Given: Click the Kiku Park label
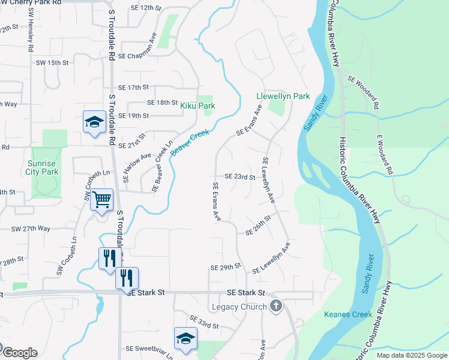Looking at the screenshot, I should click(x=197, y=106).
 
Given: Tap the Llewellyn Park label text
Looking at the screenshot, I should click(x=283, y=96).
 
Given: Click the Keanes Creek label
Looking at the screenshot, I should click(x=348, y=314).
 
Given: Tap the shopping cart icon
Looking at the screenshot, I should click(x=101, y=199).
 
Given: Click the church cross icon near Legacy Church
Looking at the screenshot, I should click(x=276, y=307).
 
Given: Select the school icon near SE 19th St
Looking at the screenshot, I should click(x=94, y=122).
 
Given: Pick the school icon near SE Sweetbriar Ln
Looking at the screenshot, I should click(x=185, y=338).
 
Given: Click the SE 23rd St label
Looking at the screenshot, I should click(x=240, y=177).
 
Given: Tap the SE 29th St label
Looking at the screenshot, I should click(x=226, y=265).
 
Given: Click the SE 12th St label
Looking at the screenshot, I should click(x=146, y=8).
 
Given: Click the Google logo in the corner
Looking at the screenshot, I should click(x=19, y=353).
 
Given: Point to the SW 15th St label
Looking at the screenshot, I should click(x=53, y=62).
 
